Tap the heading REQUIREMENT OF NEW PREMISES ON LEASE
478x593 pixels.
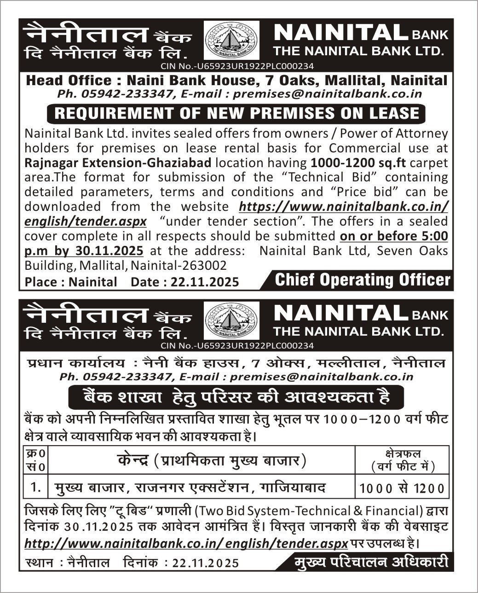point(237,113)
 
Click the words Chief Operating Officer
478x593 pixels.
point(363,280)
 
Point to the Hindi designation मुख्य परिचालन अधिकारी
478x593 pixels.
point(370,562)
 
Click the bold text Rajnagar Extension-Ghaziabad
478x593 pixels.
point(118,163)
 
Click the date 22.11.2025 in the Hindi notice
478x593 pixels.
point(205,563)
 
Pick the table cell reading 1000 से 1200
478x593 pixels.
point(402,488)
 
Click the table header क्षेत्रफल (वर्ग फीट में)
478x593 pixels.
point(403,459)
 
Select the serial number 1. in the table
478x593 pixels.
point(35,487)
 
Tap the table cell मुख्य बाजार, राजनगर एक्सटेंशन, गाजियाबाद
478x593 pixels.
point(190,487)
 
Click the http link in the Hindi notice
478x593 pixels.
point(186,543)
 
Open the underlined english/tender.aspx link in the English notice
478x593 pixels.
point(86,221)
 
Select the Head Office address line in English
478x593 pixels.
point(236,81)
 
